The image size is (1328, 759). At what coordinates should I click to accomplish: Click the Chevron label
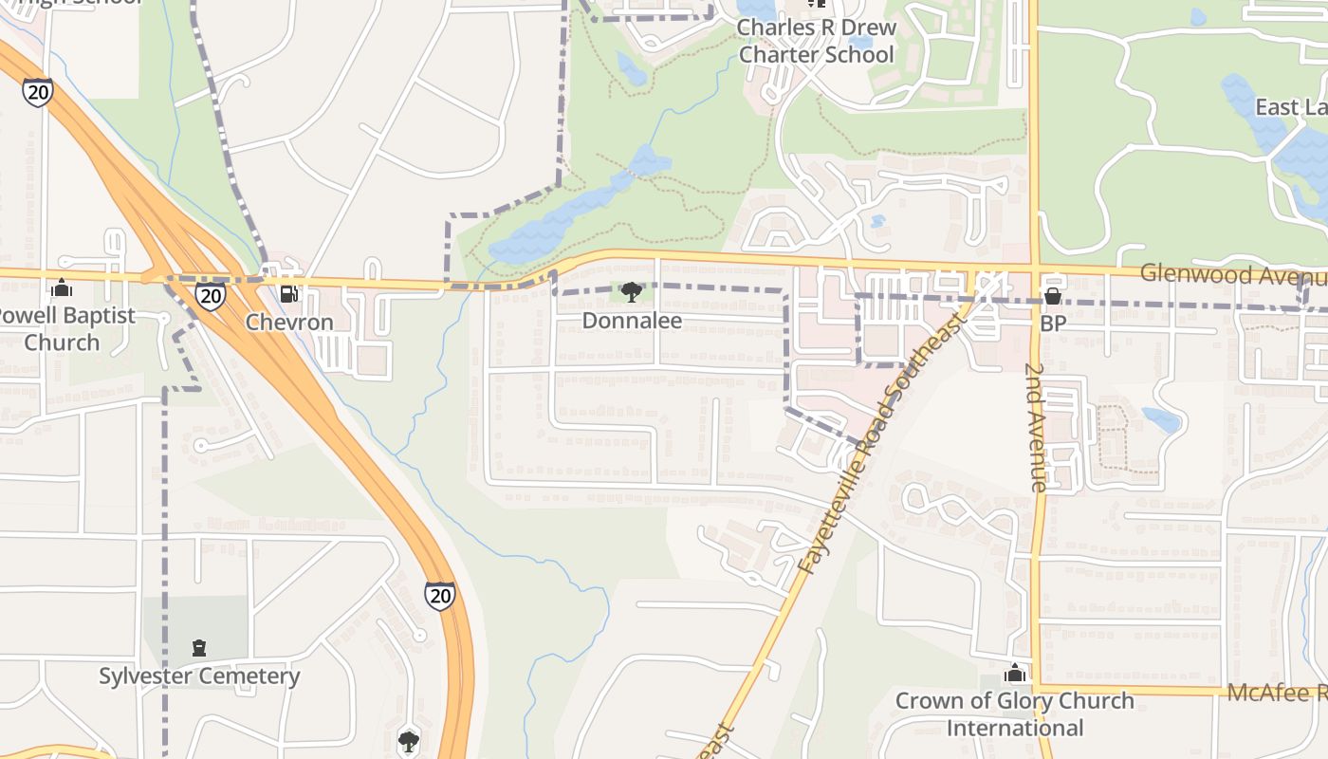[x=289, y=323]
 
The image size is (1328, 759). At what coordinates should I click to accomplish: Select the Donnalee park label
[x=632, y=321]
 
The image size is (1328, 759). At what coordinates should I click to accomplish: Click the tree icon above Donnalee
[x=632, y=292]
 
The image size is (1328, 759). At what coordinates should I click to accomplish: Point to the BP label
[x=1053, y=324]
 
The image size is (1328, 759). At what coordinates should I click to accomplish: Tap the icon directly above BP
[x=1052, y=297]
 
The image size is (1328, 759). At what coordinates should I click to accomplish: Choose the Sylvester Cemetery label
[x=199, y=676]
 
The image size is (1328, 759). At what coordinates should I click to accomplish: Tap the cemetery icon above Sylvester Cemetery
[x=199, y=649]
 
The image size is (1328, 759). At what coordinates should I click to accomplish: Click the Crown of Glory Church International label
[x=1015, y=714]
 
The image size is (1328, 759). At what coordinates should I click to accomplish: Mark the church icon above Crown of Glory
[x=1015, y=674]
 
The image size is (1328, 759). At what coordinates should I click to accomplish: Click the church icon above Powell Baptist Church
[x=62, y=287]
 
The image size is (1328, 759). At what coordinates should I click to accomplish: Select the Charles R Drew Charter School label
[x=816, y=41]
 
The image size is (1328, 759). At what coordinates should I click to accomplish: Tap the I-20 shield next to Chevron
[x=212, y=297]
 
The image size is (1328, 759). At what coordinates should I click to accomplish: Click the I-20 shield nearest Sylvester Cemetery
[x=439, y=595]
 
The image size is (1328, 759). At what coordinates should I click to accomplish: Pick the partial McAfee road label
[x=1276, y=693]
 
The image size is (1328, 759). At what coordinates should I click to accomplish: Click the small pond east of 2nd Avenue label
[x=1162, y=418]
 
